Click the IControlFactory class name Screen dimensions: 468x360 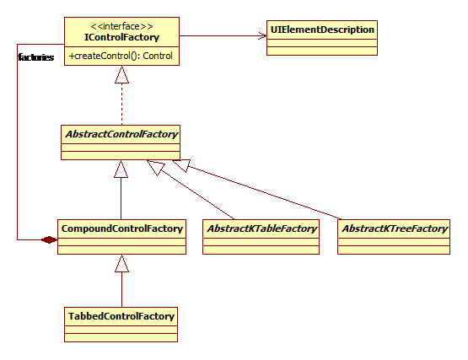click(121, 37)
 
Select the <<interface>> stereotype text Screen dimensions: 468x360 click(121, 26)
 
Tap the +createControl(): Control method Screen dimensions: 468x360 click(121, 56)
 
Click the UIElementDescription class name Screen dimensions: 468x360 click(322, 30)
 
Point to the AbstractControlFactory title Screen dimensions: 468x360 click(121, 134)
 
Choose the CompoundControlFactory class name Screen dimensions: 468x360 click(121, 228)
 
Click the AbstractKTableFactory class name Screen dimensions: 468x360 click(261, 228)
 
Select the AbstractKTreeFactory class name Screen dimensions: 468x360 click(395, 228)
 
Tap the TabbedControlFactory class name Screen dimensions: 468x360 click(121, 316)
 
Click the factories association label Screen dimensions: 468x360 click(36, 57)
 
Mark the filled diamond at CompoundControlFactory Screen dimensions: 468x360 click(49, 239)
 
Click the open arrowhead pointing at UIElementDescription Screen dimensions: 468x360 click(262, 35)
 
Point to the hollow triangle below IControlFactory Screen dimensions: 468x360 click(121, 75)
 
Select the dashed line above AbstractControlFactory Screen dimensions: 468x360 click(121, 105)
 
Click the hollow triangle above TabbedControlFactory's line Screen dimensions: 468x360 click(121, 263)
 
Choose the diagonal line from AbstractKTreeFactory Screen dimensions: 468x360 click(264, 192)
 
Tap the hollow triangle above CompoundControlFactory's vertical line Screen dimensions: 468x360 click(121, 169)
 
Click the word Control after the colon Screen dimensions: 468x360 click(158, 56)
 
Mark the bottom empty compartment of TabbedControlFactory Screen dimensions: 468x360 click(121, 337)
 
